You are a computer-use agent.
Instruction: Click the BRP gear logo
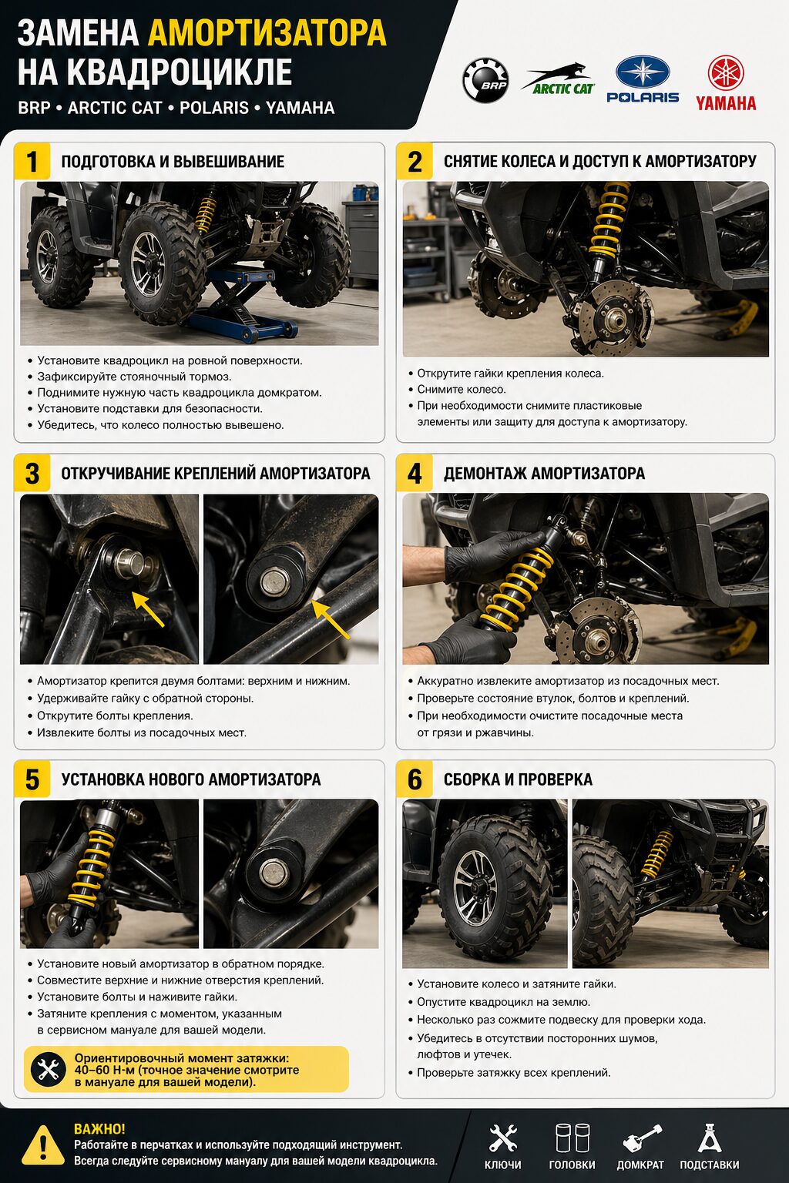click(485, 80)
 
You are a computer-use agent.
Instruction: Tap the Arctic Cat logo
click(558, 79)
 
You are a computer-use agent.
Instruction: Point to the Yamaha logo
click(726, 83)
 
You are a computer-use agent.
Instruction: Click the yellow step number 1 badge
click(32, 161)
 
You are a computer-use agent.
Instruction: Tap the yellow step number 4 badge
click(415, 473)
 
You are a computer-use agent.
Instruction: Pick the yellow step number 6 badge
click(415, 779)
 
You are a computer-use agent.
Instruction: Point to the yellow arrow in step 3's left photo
click(147, 608)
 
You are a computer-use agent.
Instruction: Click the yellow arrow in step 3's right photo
click(331, 619)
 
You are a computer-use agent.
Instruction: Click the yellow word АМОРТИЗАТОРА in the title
click(267, 33)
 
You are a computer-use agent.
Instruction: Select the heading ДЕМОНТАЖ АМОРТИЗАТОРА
click(544, 473)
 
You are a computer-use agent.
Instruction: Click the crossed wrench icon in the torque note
click(48, 1070)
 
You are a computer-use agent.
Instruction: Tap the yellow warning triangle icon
click(43, 1145)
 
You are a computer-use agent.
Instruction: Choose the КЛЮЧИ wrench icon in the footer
click(502, 1138)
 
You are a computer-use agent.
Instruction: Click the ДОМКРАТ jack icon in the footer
click(642, 1138)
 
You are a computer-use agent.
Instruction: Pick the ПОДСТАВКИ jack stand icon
click(709, 1138)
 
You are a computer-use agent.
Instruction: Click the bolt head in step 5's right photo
click(274, 873)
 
